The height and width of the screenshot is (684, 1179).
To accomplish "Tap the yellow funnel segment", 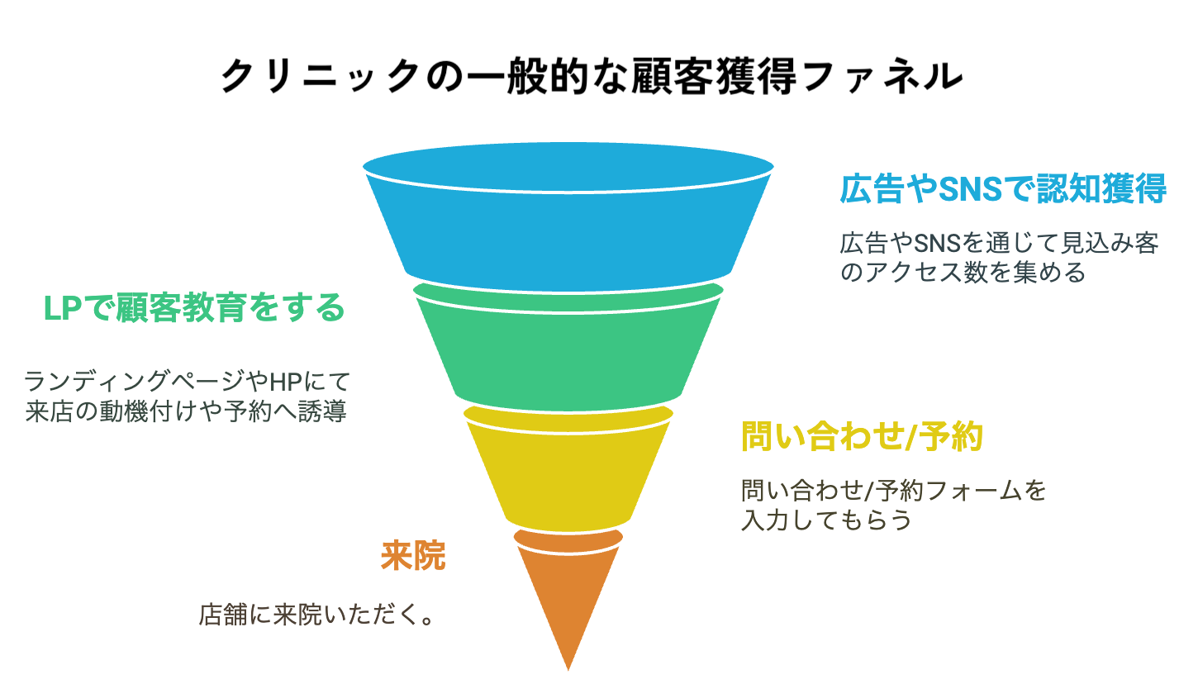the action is (x=568, y=473).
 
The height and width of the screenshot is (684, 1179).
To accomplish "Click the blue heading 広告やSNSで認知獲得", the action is (x=1003, y=189).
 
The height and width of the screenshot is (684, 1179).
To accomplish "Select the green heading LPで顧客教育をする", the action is (x=194, y=308).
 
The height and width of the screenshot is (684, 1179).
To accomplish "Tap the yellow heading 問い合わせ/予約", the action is (x=862, y=436).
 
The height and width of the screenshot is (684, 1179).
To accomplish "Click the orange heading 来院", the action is (x=413, y=556).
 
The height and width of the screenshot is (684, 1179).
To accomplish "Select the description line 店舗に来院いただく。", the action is (x=316, y=615).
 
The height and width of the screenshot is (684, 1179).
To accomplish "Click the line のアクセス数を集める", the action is (x=963, y=273).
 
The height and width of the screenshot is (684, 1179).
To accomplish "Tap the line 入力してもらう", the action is (x=826, y=520).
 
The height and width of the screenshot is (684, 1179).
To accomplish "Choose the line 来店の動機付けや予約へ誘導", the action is (x=186, y=411).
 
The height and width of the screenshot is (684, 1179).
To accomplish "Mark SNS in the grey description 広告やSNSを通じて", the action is (x=938, y=244).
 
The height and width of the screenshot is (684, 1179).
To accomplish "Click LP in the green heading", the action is (x=62, y=308).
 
